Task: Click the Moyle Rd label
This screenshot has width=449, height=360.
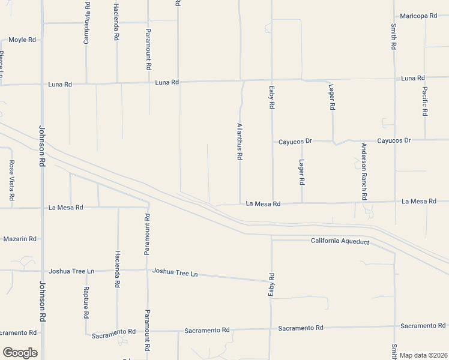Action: click(22, 40)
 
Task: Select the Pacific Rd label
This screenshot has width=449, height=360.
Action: click(424, 101)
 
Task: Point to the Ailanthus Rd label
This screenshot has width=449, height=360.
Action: click(240, 142)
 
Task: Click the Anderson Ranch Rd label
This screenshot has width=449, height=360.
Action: click(364, 172)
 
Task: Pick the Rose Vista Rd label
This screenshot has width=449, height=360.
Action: click(11, 181)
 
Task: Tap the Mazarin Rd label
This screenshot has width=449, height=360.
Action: click(20, 239)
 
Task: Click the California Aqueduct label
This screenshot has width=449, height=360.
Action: click(340, 241)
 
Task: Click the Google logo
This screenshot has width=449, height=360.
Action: click(20, 353)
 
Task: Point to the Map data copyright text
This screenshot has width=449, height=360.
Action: click(423, 355)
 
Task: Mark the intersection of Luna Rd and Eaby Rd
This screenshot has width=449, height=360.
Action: click(271, 79)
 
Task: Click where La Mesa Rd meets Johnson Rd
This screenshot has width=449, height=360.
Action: click(42, 208)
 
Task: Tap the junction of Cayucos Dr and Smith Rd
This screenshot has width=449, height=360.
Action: click(394, 140)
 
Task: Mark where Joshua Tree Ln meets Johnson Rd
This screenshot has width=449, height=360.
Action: click(42, 271)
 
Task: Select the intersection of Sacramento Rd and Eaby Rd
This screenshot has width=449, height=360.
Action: click(271, 329)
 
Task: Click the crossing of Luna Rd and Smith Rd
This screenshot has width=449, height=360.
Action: click(394, 79)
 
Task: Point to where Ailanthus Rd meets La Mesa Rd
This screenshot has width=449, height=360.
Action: click(240, 204)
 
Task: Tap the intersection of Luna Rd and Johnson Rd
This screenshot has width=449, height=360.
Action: click(42, 84)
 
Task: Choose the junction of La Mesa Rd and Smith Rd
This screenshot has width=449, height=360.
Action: click(394, 202)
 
